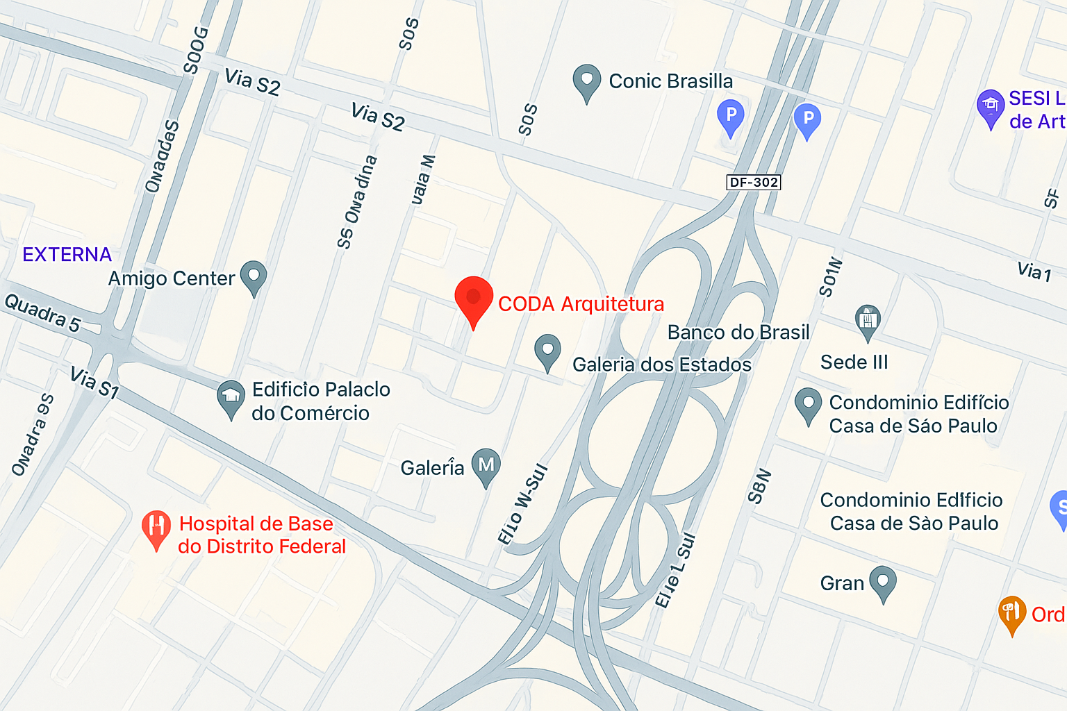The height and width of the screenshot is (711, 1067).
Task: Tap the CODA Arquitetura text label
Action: click(581, 304)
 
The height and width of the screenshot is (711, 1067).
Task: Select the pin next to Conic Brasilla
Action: click(586, 82)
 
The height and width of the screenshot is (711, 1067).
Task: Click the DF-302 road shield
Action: click(754, 182)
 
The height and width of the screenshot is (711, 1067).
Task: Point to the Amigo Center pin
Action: click(254, 277)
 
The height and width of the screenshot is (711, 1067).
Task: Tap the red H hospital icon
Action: click(156, 530)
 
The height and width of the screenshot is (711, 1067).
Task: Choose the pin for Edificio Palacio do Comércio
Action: click(231, 399)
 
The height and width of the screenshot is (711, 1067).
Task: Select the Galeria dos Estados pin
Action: click(547, 351)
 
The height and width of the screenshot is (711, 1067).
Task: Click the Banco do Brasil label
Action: click(738, 333)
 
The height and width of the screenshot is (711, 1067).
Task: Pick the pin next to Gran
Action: click(883, 583)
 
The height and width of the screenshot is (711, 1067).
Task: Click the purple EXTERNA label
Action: click(67, 255)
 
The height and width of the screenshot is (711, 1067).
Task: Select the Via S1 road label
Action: click(94, 383)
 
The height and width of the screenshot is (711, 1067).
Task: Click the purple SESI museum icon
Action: click(990, 108)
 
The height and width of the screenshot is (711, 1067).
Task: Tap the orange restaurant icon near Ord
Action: click(1012, 614)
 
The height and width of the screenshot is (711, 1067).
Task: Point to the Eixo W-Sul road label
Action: click(523, 504)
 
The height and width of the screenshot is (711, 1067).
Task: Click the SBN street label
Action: click(759, 486)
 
